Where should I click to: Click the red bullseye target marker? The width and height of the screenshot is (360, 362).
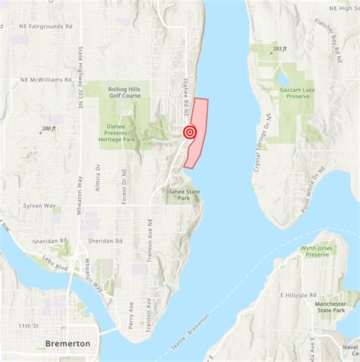[x=190, y=133]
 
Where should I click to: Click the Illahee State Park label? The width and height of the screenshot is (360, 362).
[x=183, y=196]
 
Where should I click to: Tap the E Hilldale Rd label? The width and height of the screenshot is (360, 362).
[x=299, y=294]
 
